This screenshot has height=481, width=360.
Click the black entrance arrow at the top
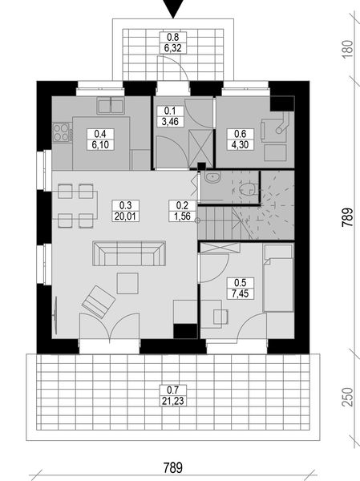point(172,8)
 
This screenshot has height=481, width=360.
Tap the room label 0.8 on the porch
point(172,37)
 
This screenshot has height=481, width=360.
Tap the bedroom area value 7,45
point(239,293)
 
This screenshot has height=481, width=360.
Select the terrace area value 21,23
point(171,401)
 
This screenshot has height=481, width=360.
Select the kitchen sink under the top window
point(110,104)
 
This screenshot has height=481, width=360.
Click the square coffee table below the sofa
point(127,282)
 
